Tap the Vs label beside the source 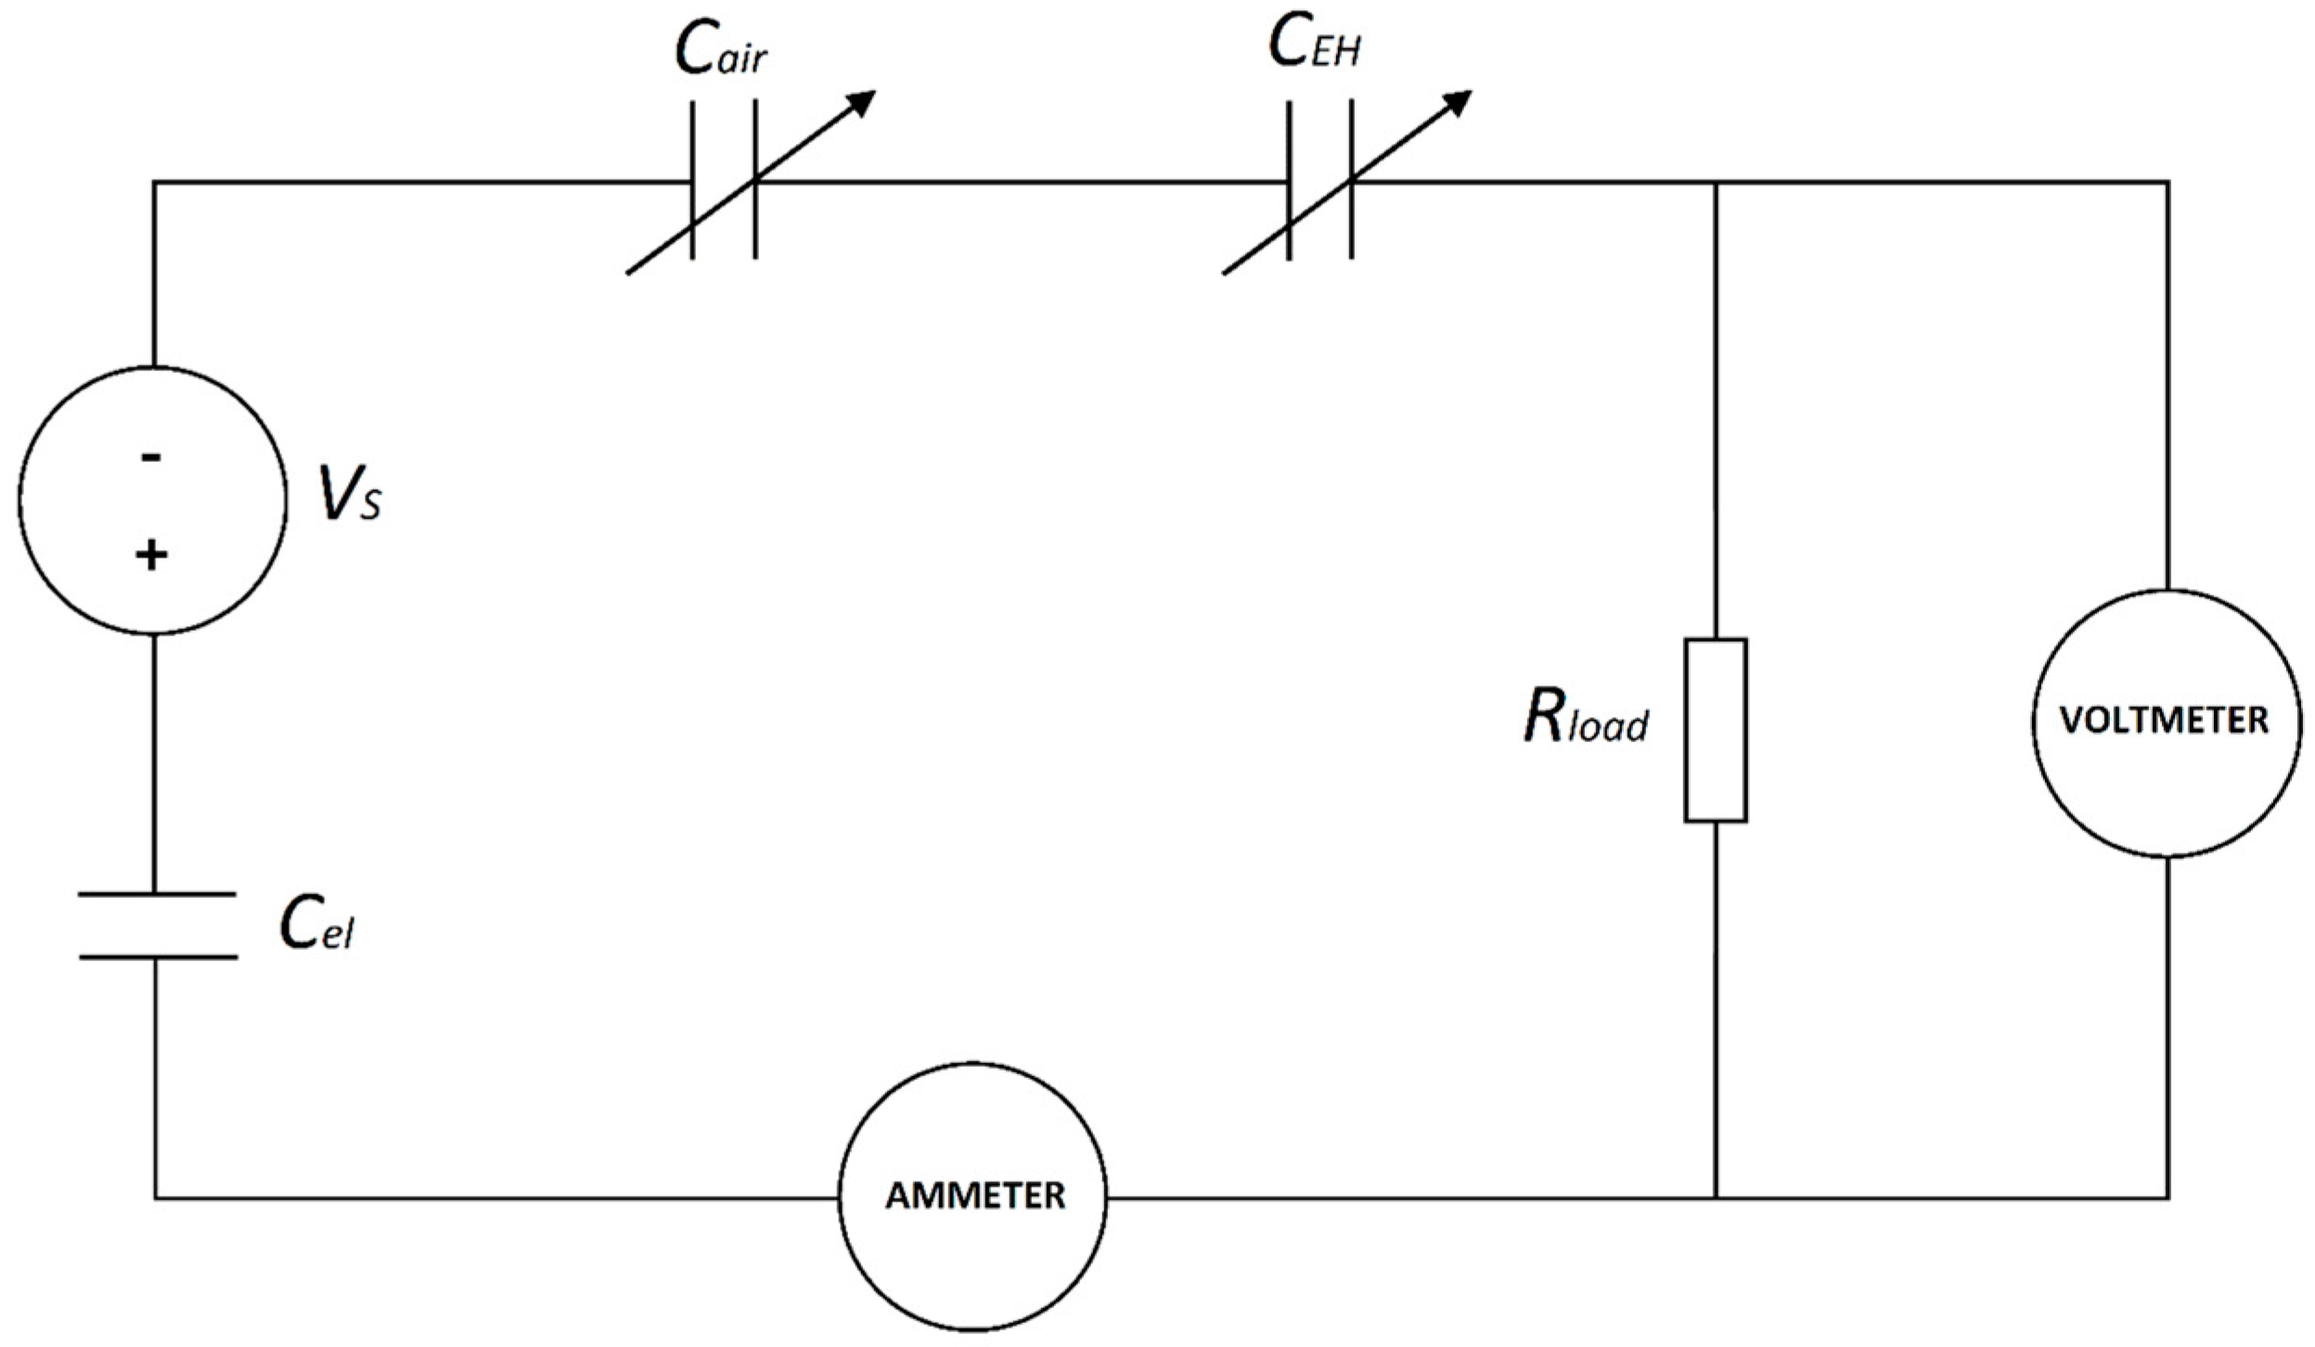coord(350,494)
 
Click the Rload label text coord(1586,718)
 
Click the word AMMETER coord(975,1197)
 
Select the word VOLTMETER coord(2164,721)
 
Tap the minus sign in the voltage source coord(151,457)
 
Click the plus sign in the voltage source coord(151,556)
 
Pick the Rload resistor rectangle coord(1716,730)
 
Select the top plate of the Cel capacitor coord(157,894)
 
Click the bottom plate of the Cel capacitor coord(157,956)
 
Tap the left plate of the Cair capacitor coord(692,180)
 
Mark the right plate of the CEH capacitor coord(1351,180)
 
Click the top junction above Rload coord(1716,182)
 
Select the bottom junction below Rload coord(1716,1198)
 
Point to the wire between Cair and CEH coord(1022,182)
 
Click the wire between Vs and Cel coord(155,763)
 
